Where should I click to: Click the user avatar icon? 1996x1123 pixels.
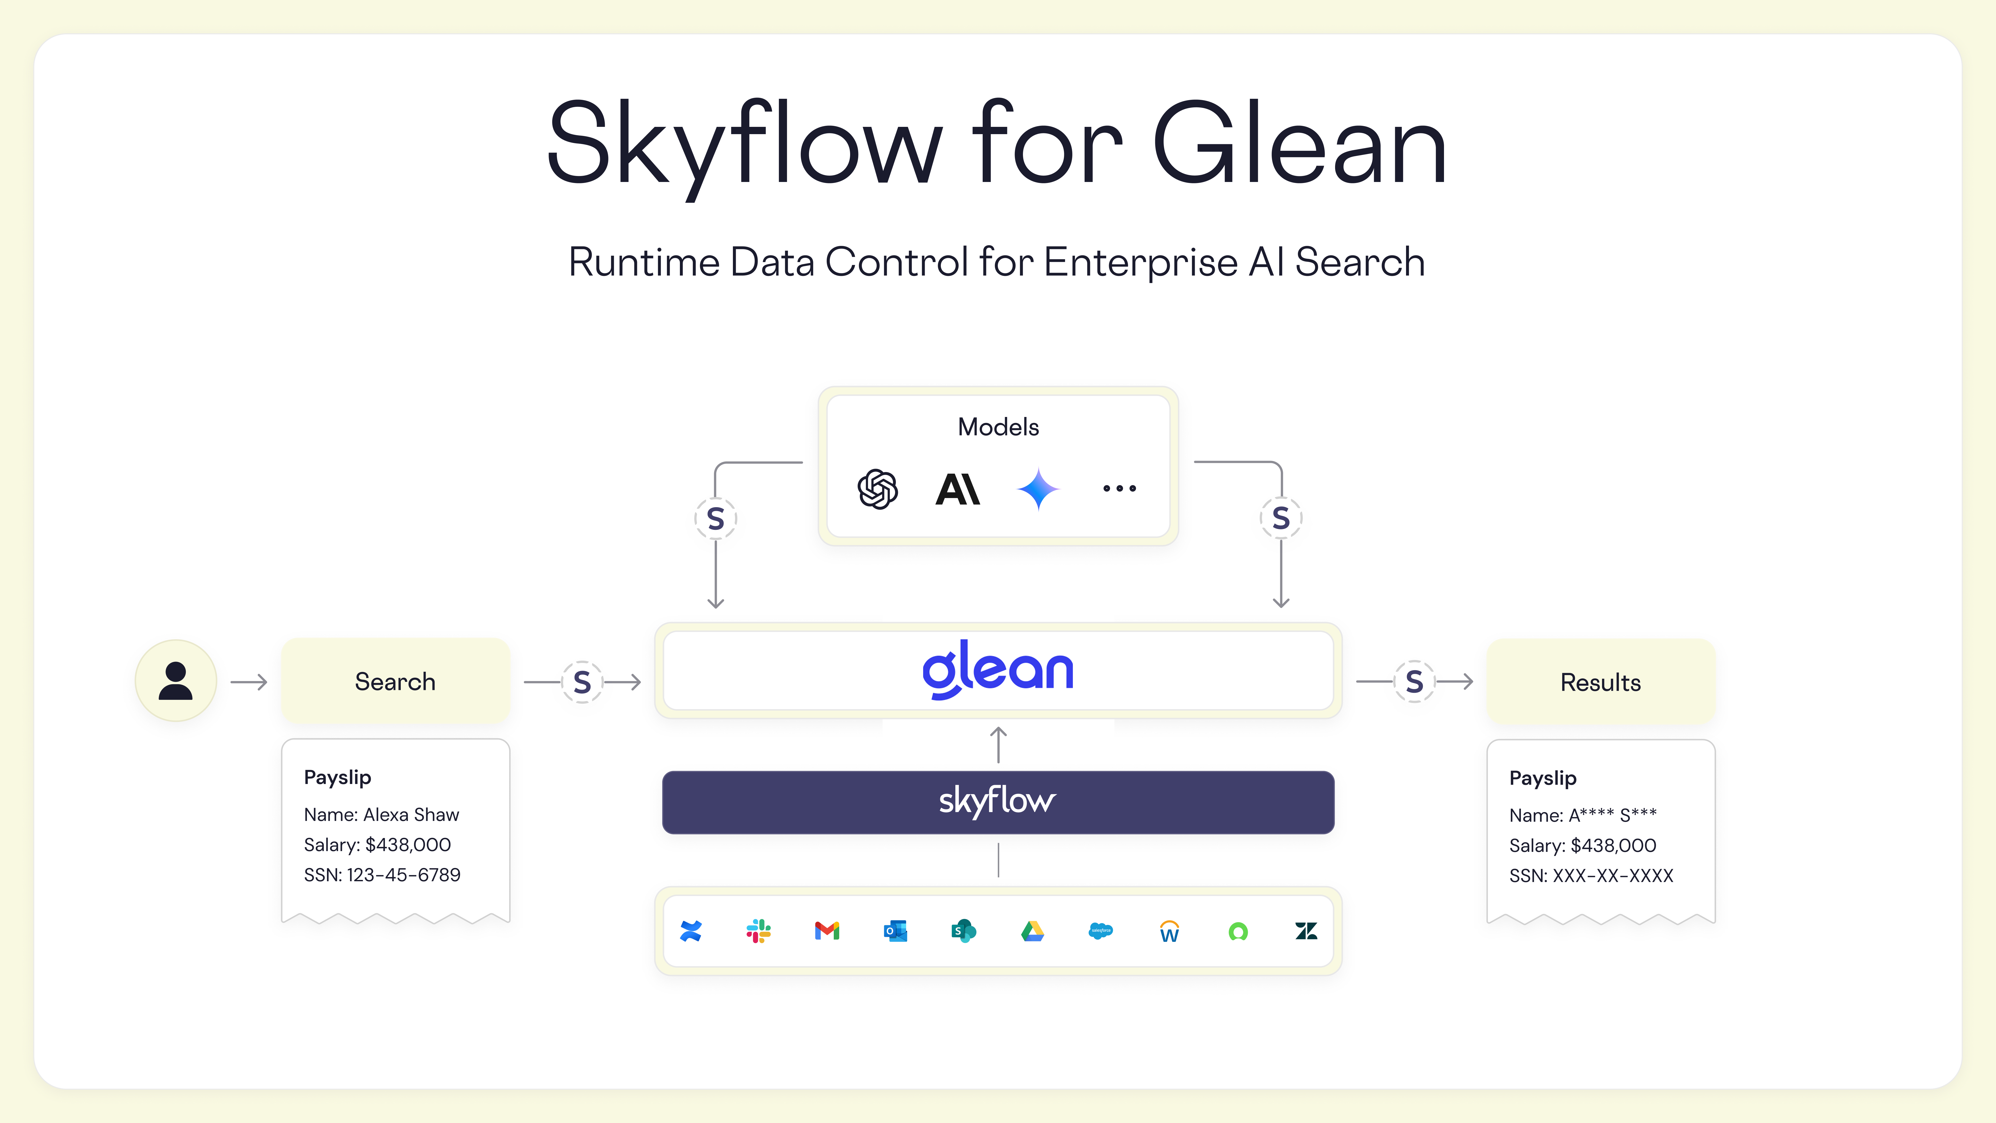(x=176, y=681)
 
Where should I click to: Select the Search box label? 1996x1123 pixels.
(x=395, y=681)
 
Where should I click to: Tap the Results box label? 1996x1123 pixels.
(x=1600, y=682)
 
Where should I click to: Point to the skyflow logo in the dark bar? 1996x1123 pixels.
(x=997, y=801)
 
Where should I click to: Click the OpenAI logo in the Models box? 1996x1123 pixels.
(x=878, y=489)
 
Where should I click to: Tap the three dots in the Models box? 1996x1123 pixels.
(x=1120, y=488)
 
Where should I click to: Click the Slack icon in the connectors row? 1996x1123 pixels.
(x=759, y=931)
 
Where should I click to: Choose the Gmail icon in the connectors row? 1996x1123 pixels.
(x=828, y=931)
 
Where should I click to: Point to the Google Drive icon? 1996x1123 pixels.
(x=1032, y=931)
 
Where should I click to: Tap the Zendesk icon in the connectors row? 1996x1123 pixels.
(x=1306, y=931)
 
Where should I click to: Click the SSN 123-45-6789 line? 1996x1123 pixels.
(x=382, y=875)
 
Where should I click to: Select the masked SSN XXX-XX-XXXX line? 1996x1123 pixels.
(x=1591, y=876)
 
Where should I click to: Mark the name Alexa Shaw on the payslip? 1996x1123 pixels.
(x=411, y=814)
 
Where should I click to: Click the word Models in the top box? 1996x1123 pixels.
(x=998, y=427)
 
